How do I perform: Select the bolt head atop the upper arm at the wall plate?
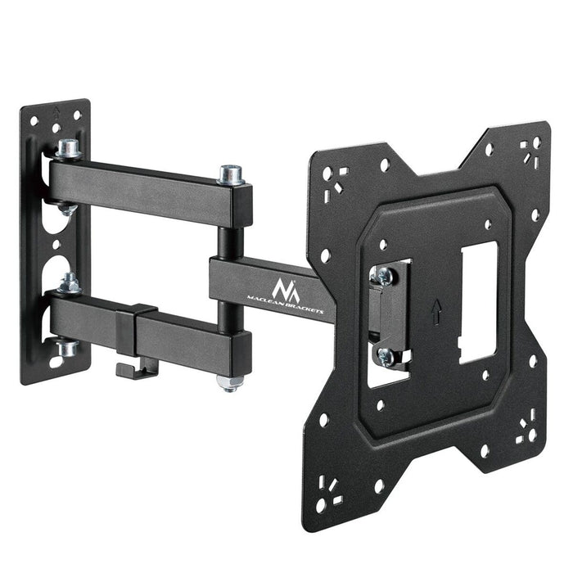point(68,149)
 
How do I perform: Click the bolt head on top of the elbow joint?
point(229,174)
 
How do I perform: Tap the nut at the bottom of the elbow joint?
point(230,382)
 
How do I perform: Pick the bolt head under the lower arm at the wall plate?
point(67,348)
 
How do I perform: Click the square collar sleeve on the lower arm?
point(136,330)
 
